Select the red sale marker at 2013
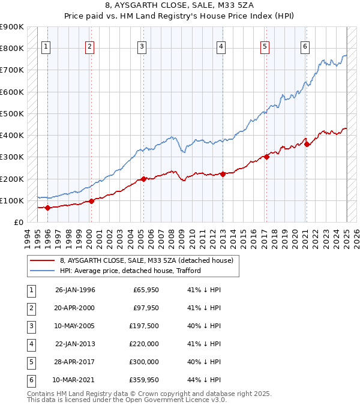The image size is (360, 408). pos(223,174)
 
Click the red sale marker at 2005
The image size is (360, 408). pos(144,179)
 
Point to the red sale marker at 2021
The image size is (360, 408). pos(307,144)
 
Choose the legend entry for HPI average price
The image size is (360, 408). pos(130,271)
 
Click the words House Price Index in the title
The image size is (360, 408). pos(243,17)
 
